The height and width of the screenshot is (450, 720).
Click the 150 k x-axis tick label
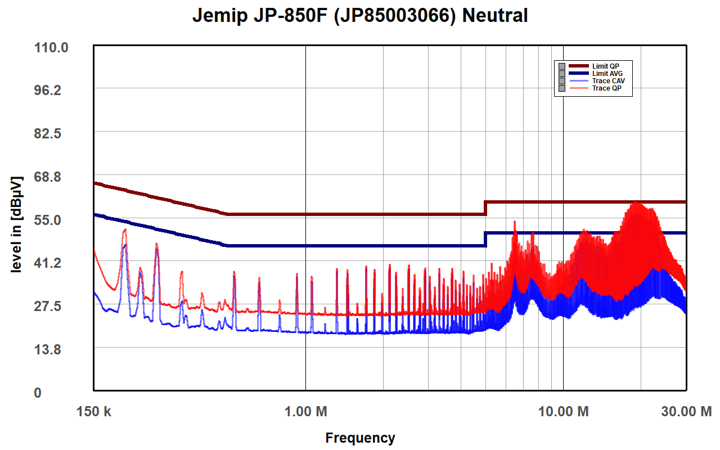pyautogui.click(x=94, y=412)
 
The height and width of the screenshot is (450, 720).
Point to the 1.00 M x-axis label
pyautogui.click(x=305, y=412)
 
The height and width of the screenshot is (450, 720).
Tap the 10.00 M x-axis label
pyautogui.click(x=563, y=412)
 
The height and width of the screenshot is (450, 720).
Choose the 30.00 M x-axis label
pyautogui.click(x=686, y=412)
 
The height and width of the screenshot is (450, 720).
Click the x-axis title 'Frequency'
pyautogui.click(x=360, y=438)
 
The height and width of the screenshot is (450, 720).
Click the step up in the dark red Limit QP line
pyautogui.click(x=485, y=208)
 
